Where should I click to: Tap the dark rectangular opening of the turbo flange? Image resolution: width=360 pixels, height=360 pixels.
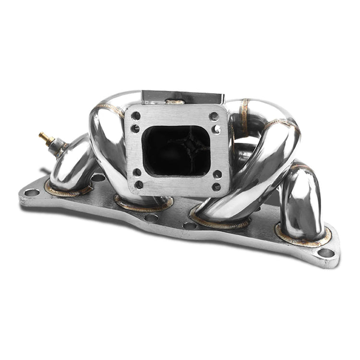point(177,150)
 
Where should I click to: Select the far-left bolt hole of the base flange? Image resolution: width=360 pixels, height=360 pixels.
point(32,192)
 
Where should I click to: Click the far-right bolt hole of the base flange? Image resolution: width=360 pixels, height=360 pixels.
point(325,252)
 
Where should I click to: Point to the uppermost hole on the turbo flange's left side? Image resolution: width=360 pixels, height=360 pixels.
point(136,115)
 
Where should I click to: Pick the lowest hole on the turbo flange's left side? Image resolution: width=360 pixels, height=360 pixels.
point(139,184)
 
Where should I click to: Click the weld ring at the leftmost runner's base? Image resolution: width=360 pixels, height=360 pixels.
point(67,191)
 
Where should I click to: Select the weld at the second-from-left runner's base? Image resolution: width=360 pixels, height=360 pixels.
point(139,205)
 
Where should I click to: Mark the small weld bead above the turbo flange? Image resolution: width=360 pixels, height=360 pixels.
point(175,101)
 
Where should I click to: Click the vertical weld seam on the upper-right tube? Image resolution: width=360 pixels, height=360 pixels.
point(245,118)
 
